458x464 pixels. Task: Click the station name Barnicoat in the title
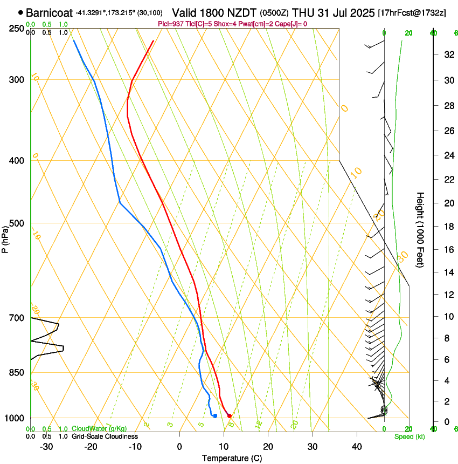[50, 12]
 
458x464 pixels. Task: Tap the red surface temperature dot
[230, 415]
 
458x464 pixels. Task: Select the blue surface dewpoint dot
[215, 415]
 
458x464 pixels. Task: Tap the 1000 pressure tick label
[16, 418]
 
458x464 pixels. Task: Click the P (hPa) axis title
[5, 237]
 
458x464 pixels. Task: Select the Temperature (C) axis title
[232, 459]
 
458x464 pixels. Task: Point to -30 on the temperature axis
[46, 447]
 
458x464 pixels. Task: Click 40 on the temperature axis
[356, 447]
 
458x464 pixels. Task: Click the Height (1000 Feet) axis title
[420, 229]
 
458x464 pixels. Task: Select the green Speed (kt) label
[409, 436]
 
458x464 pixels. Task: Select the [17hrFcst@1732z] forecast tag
[412, 12]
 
